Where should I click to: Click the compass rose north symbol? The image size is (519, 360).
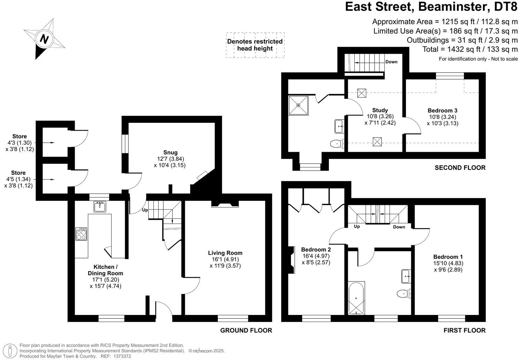coord(44,39)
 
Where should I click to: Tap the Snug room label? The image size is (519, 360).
coord(170,152)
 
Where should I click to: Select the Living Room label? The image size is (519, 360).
coord(225,253)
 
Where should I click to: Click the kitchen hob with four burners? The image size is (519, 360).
coord(81,234)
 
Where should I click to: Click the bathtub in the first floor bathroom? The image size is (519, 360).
coord(356,298)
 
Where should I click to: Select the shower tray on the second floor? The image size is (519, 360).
coord(298,105)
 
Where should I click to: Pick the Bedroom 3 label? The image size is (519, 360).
coord(442,111)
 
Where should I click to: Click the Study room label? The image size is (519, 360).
coord(380,110)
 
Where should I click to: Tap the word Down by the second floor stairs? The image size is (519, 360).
coord(391,62)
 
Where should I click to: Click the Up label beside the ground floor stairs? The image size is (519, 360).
coord(145,210)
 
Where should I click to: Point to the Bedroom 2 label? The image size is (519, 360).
coord(316,249)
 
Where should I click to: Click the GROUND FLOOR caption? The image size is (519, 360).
coord(246,330)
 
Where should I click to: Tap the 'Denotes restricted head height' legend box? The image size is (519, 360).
coord(255,45)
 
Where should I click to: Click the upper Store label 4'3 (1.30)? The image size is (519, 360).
coord(20,143)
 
